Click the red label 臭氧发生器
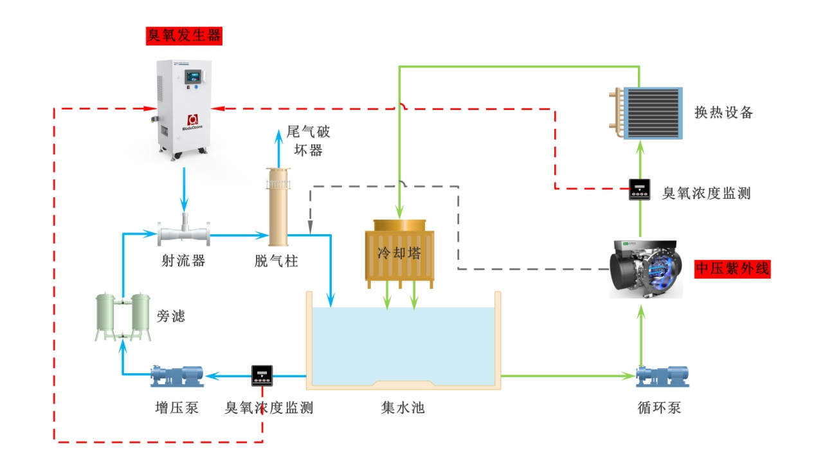(x=185, y=35)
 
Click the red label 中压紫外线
(x=732, y=268)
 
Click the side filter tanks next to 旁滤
(x=122, y=317)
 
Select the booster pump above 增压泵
(x=177, y=375)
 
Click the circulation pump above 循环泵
(x=662, y=376)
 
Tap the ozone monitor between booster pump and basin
(x=262, y=375)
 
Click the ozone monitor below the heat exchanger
(x=640, y=189)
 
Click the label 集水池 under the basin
(x=403, y=407)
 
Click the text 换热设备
(x=723, y=113)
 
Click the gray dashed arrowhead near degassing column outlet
(x=311, y=228)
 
